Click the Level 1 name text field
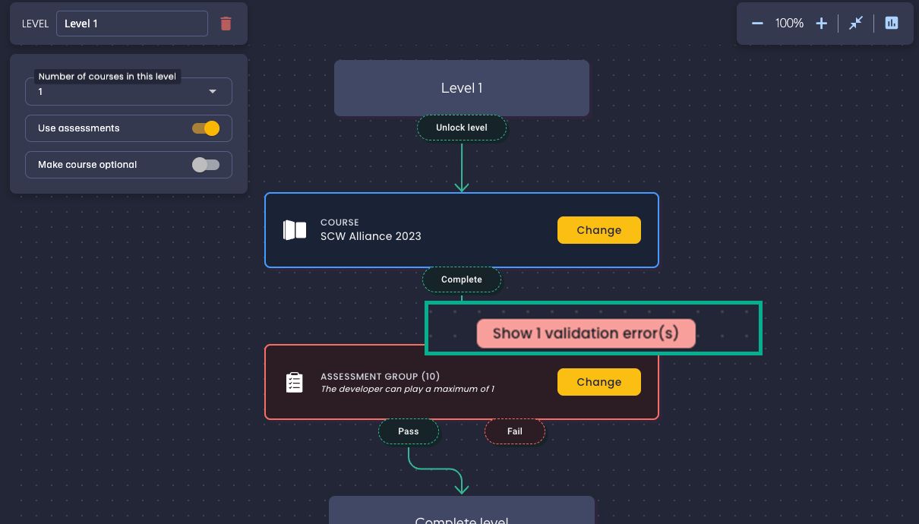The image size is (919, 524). point(131,24)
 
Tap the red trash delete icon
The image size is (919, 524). point(226,24)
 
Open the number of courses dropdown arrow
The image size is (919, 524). point(213,92)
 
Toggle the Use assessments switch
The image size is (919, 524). point(206,128)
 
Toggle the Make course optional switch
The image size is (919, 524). point(206,165)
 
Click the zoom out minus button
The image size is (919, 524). point(757,24)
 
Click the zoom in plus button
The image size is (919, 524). point(821,24)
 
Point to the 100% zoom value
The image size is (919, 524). point(789,24)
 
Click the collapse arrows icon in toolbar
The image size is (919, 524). point(856,24)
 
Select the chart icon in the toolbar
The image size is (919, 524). point(892,24)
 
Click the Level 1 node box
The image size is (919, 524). point(462,88)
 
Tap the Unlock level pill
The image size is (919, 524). point(462,128)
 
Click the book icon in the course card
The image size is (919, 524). point(295,230)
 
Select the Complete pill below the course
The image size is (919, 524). point(462,279)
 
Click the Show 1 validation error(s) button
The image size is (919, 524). point(586,333)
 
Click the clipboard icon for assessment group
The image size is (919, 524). point(295,382)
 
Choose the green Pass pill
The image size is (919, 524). point(409,431)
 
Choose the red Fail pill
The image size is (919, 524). point(515,431)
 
